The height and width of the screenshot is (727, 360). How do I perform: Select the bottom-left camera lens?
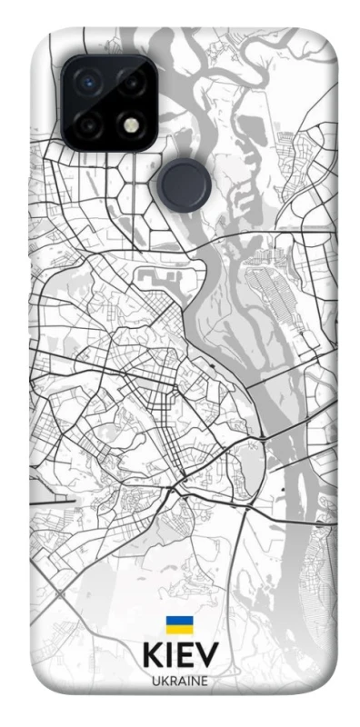pos(90,124)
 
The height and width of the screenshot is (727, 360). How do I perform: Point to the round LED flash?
pos(132,124)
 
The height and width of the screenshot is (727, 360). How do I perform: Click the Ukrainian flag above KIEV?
pos(179,625)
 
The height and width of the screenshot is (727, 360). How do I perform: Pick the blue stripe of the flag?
pos(179,622)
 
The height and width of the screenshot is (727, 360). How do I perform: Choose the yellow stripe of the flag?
pos(179,629)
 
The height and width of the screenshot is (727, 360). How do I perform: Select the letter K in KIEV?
pos(152,655)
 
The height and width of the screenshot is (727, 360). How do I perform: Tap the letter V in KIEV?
pos(207,655)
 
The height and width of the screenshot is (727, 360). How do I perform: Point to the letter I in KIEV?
pos(169,655)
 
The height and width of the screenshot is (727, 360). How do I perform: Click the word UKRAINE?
pos(179,681)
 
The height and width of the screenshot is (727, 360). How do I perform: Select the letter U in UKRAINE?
pos(155,681)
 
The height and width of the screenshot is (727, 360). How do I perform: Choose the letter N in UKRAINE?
pos(194,681)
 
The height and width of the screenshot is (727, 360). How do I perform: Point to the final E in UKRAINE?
pos(203,681)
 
